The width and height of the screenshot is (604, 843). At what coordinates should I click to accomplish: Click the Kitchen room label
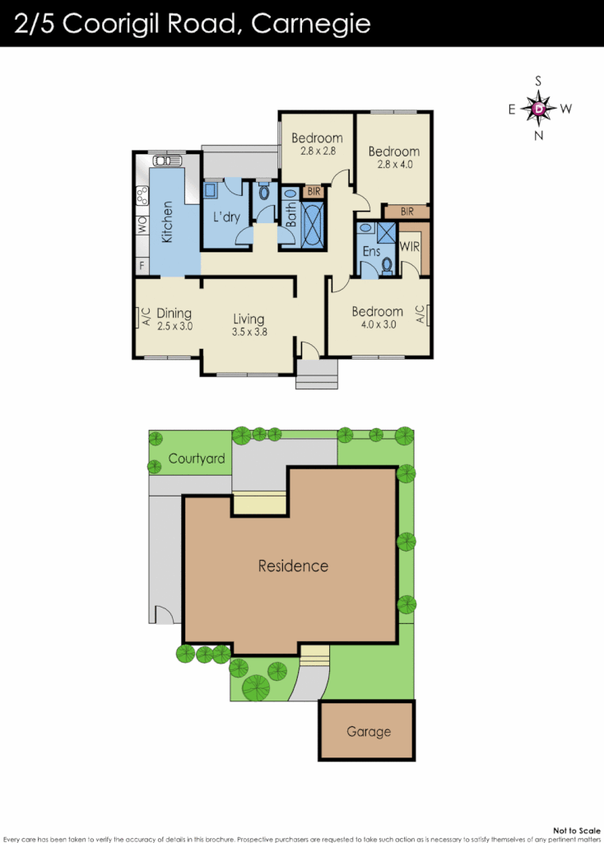[x=167, y=222]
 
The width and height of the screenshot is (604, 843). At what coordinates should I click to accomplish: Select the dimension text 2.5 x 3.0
[x=174, y=326]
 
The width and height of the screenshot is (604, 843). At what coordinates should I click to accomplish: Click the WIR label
[x=410, y=245]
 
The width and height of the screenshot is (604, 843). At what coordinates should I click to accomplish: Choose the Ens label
[x=372, y=251]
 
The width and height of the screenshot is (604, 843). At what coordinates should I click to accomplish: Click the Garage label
[x=368, y=731]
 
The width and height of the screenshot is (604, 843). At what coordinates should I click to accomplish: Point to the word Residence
[x=293, y=566]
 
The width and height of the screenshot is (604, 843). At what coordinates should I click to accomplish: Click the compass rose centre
[x=539, y=108]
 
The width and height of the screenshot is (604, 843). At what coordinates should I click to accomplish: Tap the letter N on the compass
[x=539, y=136]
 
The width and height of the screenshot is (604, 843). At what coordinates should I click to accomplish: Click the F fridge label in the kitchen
[x=142, y=265]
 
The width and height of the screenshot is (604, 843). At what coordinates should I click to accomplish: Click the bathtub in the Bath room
[x=314, y=226]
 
